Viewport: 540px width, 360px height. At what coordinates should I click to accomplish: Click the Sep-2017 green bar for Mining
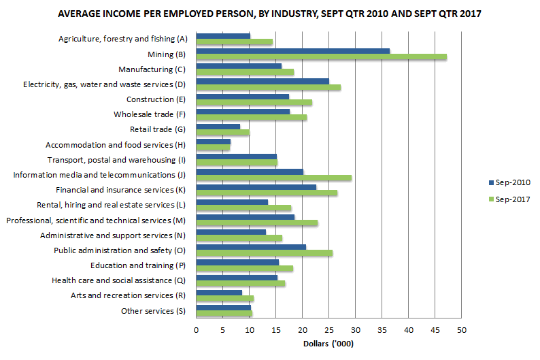pyautogui.click(x=321, y=57)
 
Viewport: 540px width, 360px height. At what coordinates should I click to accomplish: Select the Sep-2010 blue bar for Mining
pyautogui.click(x=292, y=51)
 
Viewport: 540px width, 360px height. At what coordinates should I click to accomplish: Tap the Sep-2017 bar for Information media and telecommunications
pyautogui.click(x=273, y=178)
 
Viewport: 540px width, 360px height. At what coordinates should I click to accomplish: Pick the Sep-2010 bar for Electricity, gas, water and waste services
pyautogui.click(x=262, y=82)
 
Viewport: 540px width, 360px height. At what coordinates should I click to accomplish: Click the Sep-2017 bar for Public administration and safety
pyautogui.click(x=264, y=253)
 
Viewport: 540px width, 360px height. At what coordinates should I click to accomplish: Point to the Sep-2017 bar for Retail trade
pyautogui.click(x=222, y=133)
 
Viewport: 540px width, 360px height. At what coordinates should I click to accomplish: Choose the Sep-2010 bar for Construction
pyautogui.click(x=242, y=97)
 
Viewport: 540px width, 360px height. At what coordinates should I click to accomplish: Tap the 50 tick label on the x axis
pyautogui.click(x=462, y=330)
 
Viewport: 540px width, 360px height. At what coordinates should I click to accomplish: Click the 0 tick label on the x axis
pyautogui.click(x=196, y=330)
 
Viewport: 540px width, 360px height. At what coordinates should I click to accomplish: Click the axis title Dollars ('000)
pyautogui.click(x=328, y=344)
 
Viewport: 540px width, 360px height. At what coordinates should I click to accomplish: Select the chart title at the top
pyautogui.click(x=269, y=14)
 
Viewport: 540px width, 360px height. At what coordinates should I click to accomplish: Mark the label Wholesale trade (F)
pyautogui.click(x=149, y=114)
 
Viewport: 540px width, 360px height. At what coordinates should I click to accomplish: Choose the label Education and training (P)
pyautogui.click(x=138, y=265)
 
